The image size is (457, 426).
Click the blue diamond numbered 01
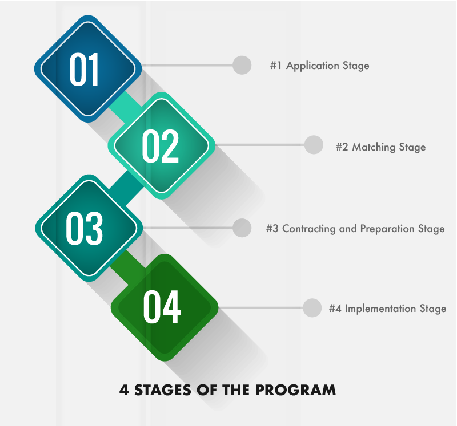[x=88, y=68]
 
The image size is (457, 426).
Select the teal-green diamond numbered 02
[x=162, y=145]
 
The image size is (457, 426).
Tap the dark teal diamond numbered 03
[x=89, y=228]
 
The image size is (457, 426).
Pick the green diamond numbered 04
[x=165, y=307]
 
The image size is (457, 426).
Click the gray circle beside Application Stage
[x=242, y=65]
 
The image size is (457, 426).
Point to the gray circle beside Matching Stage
[x=314, y=145]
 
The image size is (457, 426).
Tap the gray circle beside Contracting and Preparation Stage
[x=242, y=228]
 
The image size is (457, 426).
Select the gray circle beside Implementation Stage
[x=312, y=307]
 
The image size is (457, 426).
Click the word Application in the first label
[x=312, y=66]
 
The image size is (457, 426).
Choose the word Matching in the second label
[x=374, y=147]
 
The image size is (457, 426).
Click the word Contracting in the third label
[x=309, y=229]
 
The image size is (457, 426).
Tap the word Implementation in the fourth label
[x=380, y=309]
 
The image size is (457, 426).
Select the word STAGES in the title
[x=163, y=390]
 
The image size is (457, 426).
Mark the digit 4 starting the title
[x=124, y=390]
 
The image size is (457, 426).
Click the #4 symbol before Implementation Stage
[x=335, y=309]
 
